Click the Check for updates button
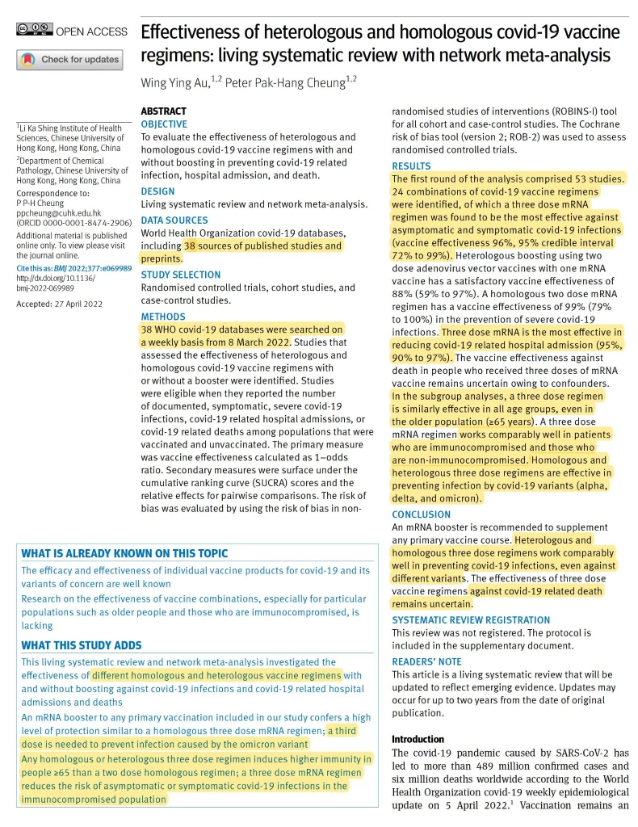tap(69, 60)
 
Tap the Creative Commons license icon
tap(31, 31)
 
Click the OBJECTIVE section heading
tap(164, 124)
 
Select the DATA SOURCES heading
tap(174, 220)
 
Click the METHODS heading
tap(162, 317)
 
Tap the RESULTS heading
tap(411, 166)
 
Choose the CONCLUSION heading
tap(422, 514)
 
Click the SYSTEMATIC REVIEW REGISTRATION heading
tap(471, 620)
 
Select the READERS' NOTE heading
tap(426, 660)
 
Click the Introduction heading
tap(418, 739)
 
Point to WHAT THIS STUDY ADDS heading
tap(82, 645)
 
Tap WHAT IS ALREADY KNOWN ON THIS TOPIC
tap(124, 553)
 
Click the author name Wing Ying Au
tap(174, 82)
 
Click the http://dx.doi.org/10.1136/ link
tap(52, 279)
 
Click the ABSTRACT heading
tap(163, 111)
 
